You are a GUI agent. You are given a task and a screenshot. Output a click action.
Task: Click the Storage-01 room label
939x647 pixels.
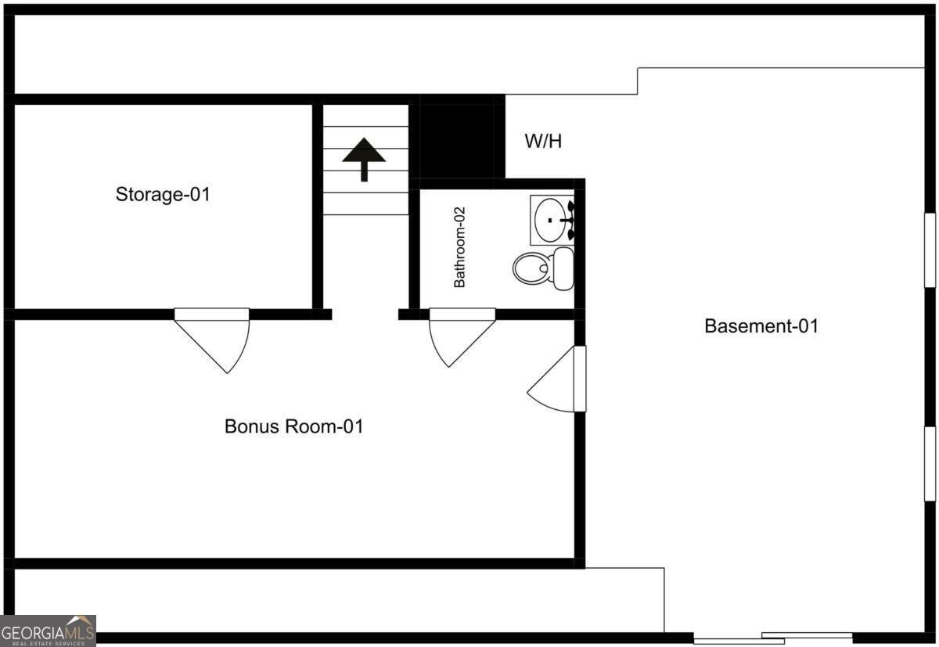pos(163,194)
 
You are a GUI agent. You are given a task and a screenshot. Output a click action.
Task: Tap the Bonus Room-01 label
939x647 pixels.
pos(293,427)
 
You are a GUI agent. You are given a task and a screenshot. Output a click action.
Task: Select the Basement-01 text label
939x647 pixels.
pos(761,326)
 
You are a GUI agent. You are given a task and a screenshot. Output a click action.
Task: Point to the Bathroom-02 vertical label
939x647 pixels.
pos(460,247)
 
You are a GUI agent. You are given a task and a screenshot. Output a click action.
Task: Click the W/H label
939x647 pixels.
pos(542,142)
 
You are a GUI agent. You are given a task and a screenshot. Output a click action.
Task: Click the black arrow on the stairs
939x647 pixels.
pos(364,157)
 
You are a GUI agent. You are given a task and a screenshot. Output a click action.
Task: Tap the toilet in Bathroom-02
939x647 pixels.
pos(535,268)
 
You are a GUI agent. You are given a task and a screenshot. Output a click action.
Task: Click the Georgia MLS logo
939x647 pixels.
pos(48,631)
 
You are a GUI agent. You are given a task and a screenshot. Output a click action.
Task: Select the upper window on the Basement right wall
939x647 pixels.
pos(930,250)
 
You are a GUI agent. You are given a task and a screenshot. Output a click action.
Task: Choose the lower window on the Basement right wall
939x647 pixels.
pos(930,463)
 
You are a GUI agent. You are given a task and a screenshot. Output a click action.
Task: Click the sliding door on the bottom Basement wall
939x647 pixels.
pos(773,638)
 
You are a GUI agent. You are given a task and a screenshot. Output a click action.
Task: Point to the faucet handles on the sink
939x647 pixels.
pos(571,220)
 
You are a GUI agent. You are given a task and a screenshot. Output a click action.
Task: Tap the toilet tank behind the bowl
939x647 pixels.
pos(563,268)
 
